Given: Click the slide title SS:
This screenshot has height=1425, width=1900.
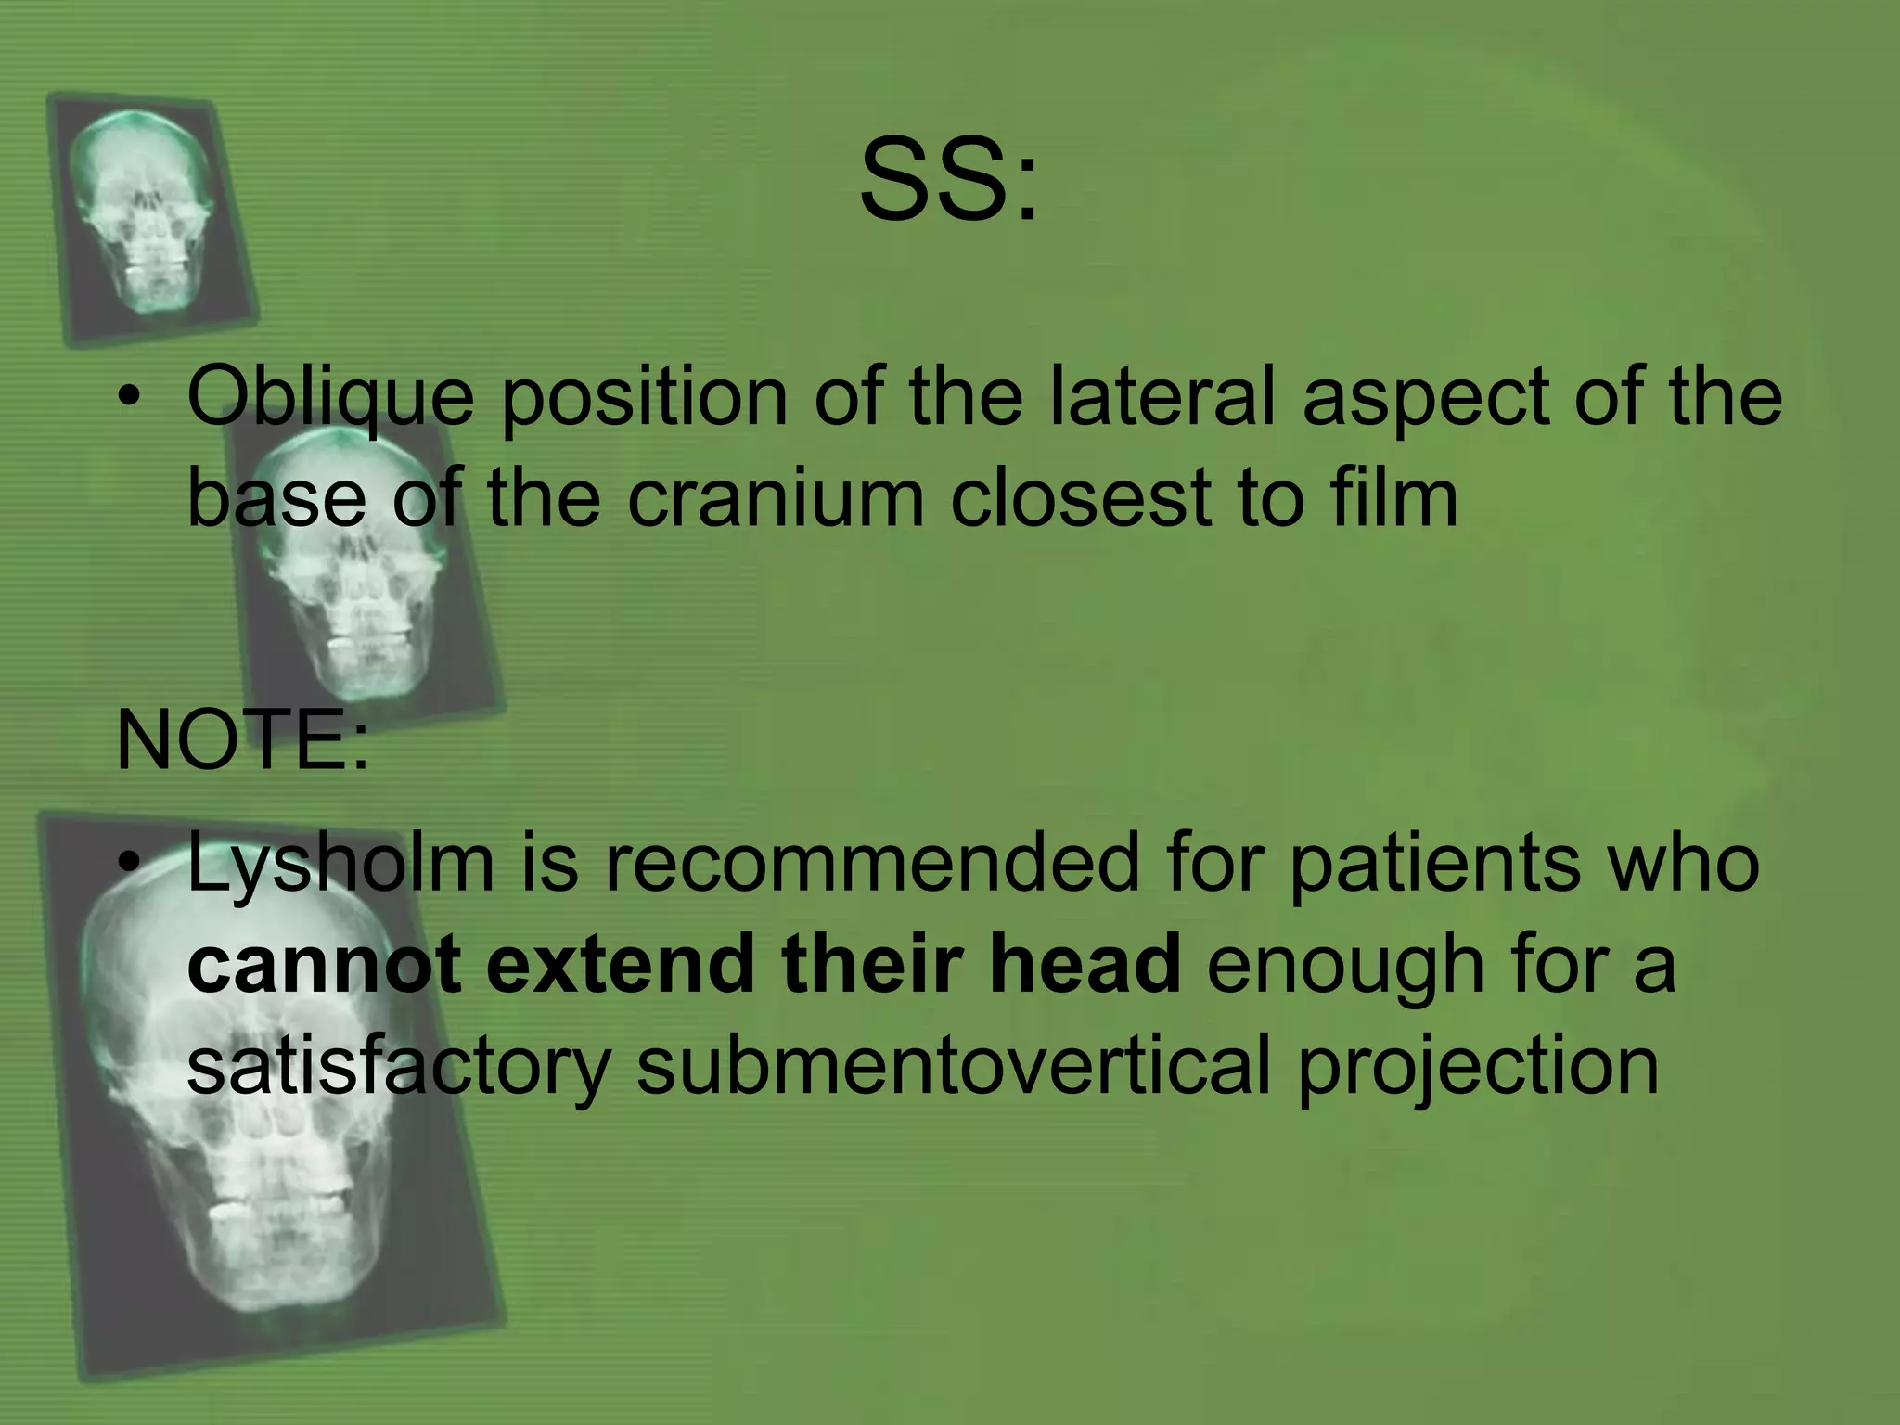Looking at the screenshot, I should pyautogui.click(x=948, y=181).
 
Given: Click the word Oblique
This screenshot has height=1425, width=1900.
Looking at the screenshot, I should pyautogui.click(x=329, y=397).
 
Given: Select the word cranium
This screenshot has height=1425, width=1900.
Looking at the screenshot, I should pyautogui.click(x=776, y=498).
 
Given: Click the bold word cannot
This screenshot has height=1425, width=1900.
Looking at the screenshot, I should pyautogui.click(x=324, y=964).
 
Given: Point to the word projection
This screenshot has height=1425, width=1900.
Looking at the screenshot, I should pyautogui.click(x=1477, y=1067).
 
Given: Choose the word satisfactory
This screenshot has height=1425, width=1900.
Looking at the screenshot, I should pyautogui.click(x=398, y=1067).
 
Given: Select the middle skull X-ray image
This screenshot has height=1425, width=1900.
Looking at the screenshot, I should pyautogui.click(x=357, y=566).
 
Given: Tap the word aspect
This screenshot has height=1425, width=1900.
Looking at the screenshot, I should pyautogui.click(x=1424, y=397).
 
